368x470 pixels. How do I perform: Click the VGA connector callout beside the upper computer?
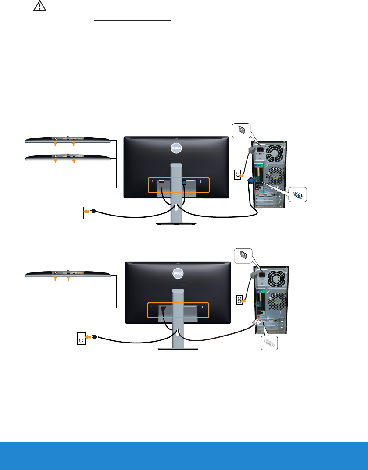297,195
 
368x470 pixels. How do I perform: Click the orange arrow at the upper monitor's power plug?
87,211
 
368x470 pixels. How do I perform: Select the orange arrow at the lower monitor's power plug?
89,337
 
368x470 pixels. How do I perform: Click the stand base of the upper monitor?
176,224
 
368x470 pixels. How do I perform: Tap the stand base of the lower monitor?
178,349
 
